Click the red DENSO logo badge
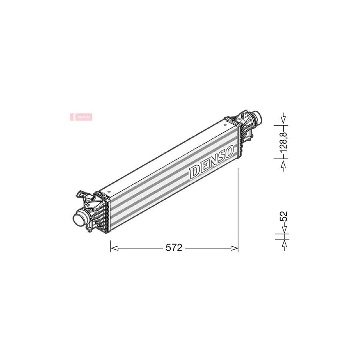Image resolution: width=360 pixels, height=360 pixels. coord(81,117)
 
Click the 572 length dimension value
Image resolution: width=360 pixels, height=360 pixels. coord(174,248)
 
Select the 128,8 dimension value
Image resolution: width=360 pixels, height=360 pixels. coord(284,142)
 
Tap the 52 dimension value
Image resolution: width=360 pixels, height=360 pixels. coord(284,216)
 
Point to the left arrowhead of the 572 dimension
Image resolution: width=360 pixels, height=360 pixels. coord(114,248)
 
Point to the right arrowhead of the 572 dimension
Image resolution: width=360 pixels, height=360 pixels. coord(234,248)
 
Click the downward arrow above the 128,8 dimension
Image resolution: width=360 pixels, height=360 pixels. coord(284,119)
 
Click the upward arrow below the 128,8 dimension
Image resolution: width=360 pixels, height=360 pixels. coord(284,165)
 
